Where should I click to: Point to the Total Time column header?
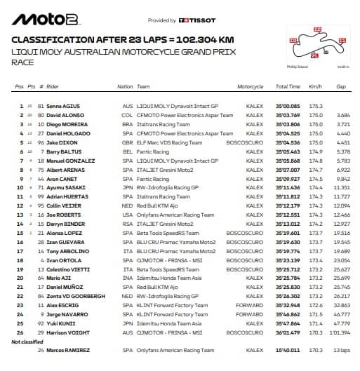tap(288, 87)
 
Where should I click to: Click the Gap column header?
tap(341, 87)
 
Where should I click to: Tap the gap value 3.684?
tap(342, 114)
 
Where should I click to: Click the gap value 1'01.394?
tap(340, 332)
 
